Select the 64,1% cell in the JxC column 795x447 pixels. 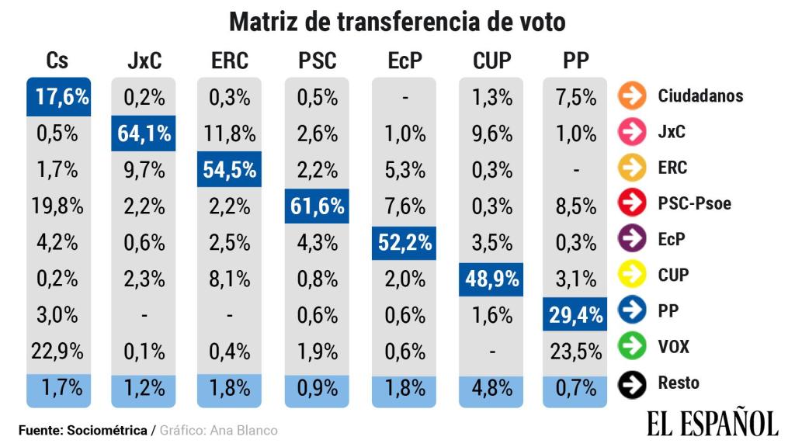[144, 133]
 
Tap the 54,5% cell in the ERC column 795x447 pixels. [229, 170]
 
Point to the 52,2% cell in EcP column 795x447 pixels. [404, 242]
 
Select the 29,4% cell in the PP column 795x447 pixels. [575, 315]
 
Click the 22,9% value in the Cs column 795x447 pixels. [57, 352]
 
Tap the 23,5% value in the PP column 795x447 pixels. [575, 352]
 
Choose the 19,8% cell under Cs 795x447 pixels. [57, 206]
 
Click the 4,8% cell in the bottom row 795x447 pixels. [491, 388]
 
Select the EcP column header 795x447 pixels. [404, 61]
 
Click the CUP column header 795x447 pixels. [491, 61]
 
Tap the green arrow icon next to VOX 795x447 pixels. [633, 346]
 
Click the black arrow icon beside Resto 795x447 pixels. [633, 383]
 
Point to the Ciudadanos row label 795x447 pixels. [700, 96]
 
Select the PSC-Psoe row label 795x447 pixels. [694, 204]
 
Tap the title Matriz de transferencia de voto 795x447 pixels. [397, 22]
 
